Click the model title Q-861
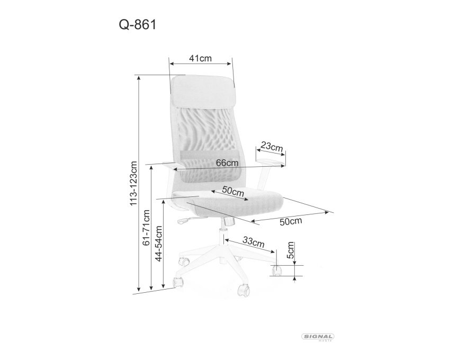(138, 25)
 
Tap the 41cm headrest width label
(200, 58)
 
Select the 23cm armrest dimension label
(272, 147)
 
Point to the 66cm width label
(227, 163)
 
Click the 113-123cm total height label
(134, 184)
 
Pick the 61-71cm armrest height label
(146, 228)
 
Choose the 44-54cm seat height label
(159, 244)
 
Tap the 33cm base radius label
(254, 242)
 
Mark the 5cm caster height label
(291, 250)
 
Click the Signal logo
(318, 337)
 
